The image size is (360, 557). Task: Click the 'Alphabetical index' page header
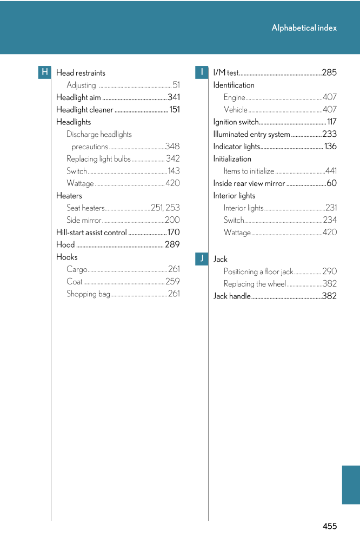coord(304,28)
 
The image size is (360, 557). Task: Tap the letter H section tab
coord(44,72)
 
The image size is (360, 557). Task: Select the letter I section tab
coord(201,72)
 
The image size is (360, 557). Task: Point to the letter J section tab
coord(201,258)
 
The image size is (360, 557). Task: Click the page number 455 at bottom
coord(330,526)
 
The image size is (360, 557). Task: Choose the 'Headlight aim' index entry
coord(78,97)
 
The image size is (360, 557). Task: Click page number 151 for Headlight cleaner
coord(175,110)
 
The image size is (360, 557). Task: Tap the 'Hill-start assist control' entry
coord(91,233)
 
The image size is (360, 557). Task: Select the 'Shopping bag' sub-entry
coord(88,294)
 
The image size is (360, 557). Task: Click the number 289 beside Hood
coord(172,245)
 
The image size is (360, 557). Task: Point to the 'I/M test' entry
coord(226,73)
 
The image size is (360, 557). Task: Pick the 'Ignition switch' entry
coord(236,122)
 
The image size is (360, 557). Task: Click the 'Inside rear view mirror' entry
coord(249,183)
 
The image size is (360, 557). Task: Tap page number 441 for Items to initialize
coord(331,171)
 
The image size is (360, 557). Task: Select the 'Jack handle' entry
coord(232,296)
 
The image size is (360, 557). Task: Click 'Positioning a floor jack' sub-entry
coord(258,272)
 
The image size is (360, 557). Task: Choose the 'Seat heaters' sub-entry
coord(85,208)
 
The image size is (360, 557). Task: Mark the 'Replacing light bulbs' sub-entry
coord(98,159)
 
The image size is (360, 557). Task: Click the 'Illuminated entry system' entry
coord(251,135)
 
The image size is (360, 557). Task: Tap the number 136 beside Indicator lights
coord(330,147)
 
